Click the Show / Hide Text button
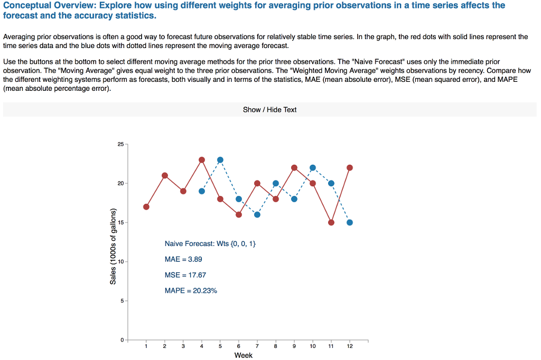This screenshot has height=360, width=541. pos(269,110)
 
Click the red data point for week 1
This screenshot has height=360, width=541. pos(146,206)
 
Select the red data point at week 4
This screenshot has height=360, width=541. pos(202,159)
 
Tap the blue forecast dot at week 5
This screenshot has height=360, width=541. pos(220,159)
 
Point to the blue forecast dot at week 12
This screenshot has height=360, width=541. pos(350,222)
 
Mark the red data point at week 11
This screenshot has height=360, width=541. pos(331,222)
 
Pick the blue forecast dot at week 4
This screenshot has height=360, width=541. pos(202,191)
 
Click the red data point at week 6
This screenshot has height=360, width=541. pos(239,214)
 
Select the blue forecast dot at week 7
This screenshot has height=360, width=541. pos(257,214)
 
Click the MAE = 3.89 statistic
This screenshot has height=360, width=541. pos(183,259)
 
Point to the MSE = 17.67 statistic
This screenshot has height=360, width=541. pos(185,275)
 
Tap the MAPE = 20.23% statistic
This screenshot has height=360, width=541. pos(191,291)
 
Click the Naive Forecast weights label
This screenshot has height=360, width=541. pos(210,244)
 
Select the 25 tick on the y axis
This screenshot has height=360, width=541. pos(120,144)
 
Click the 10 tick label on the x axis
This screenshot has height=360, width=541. pos(313,346)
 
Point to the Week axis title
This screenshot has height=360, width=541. pos(244,355)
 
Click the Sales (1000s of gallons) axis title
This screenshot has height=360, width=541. pos(113,247)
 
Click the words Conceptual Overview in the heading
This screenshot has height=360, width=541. pos(48,5)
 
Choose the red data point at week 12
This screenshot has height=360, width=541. pos(350,167)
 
